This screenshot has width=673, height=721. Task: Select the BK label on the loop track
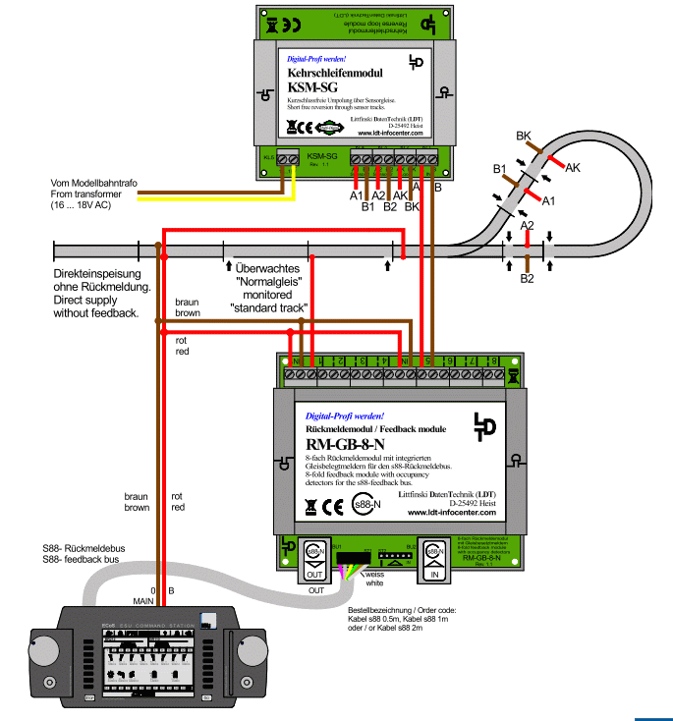pos(524,135)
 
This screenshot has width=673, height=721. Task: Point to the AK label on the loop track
pos(572,168)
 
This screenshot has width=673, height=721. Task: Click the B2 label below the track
pos(528,279)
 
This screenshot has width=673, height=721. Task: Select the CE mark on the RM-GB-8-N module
pos(333,507)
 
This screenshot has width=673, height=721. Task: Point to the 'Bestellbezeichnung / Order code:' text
pos(408,610)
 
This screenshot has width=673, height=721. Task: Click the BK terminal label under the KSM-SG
pos(412,207)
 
